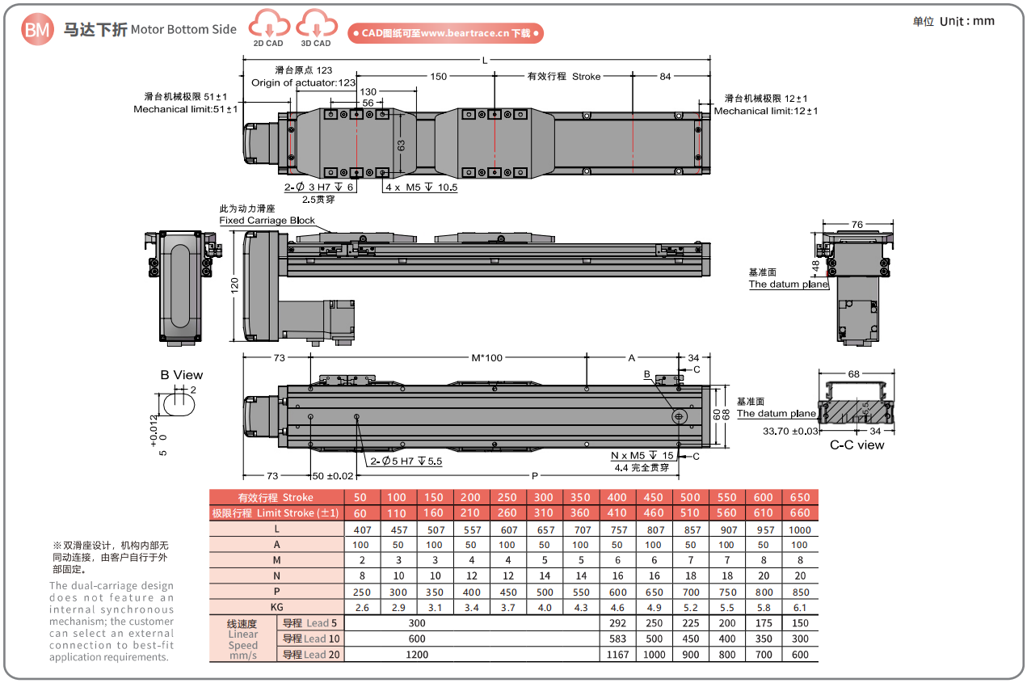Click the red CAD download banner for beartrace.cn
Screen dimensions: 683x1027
(445, 33)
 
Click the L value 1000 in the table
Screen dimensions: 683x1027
(800, 530)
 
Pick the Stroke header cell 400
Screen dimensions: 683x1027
(617, 497)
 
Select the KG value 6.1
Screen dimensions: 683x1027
(800, 607)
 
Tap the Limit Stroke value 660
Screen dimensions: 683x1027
(800, 512)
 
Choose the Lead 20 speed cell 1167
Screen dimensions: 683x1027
(617, 655)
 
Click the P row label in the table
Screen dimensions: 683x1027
(276, 592)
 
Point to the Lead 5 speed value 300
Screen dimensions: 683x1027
(417, 623)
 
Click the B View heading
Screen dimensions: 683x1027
(181, 375)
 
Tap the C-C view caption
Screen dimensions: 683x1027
(857, 445)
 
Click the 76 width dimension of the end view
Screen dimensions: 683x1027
(857, 225)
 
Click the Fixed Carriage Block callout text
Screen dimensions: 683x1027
(267, 221)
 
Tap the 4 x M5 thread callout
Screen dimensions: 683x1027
(421, 188)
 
